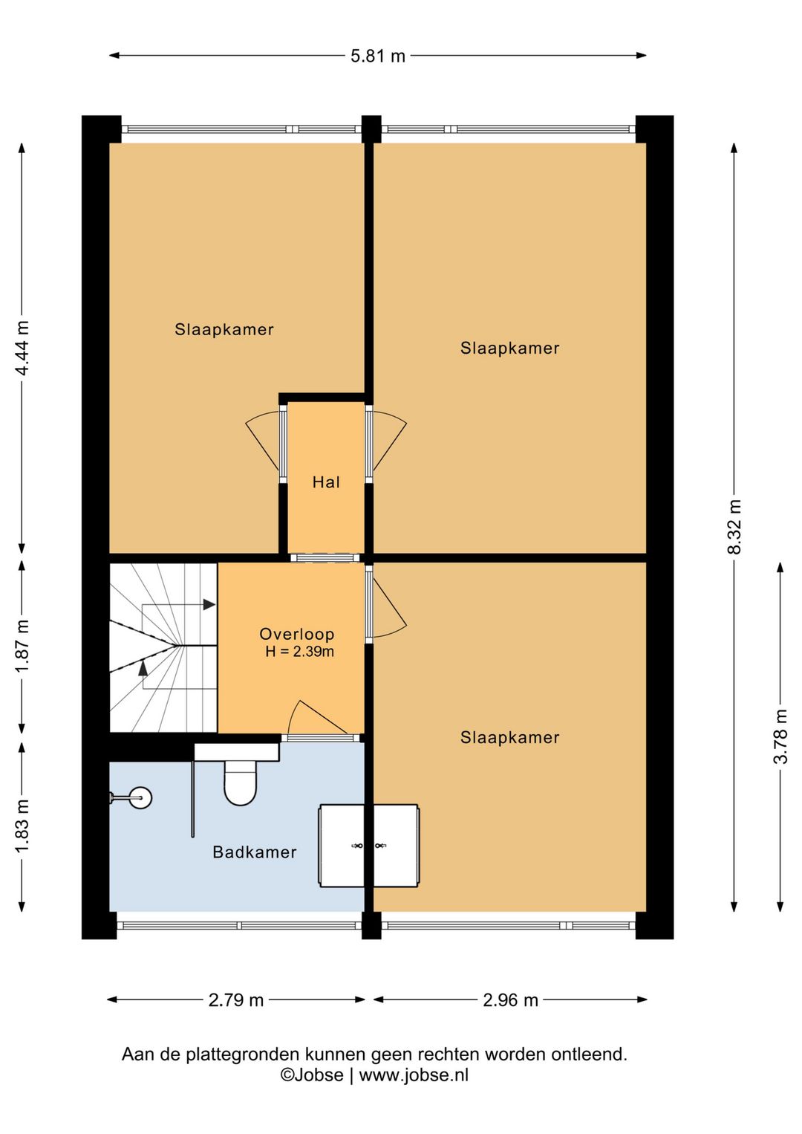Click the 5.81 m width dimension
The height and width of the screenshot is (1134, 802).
click(x=378, y=56)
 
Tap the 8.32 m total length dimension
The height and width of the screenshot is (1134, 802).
click(x=734, y=526)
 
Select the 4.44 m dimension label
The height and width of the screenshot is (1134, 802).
click(x=22, y=347)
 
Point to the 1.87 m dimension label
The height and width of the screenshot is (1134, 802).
click(x=22, y=646)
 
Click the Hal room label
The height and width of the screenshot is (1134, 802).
click(x=326, y=482)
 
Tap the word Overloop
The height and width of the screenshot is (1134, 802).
click(x=296, y=634)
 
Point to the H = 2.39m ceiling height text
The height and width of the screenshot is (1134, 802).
click(x=299, y=652)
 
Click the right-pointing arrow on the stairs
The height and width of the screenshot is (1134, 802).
click(x=209, y=604)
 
